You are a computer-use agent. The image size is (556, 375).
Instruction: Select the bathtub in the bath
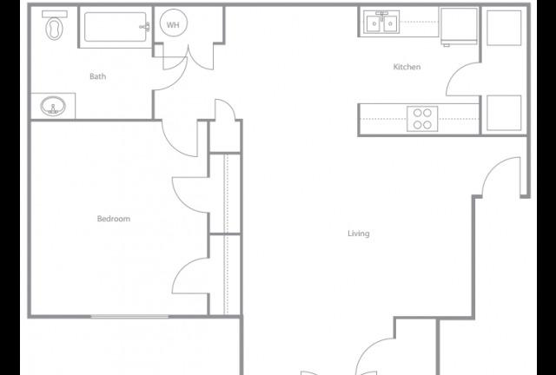(x=116, y=27)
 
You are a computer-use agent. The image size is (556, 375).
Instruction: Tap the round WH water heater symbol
(x=174, y=24)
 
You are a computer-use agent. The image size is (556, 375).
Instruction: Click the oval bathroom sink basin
(x=53, y=106)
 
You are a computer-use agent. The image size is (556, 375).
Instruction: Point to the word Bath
(x=97, y=76)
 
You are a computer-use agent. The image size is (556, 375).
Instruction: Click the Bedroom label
(x=114, y=219)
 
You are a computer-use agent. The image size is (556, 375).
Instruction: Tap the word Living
(x=359, y=234)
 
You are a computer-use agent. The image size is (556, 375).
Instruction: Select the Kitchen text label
(x=407, y=67)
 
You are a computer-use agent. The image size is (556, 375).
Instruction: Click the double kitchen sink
(x=381, y=23)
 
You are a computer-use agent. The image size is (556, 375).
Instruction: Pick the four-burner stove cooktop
(x=422, y=119)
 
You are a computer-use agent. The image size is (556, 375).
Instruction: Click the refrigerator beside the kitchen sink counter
(x=459, y=26)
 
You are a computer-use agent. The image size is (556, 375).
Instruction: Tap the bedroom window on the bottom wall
(x=129, y=316)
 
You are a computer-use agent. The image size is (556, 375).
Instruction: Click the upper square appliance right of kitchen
(x=504, y=28)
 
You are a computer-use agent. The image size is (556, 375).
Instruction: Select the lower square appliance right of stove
(x=504, y=113)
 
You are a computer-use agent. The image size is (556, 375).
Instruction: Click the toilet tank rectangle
(x=55, y=14)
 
